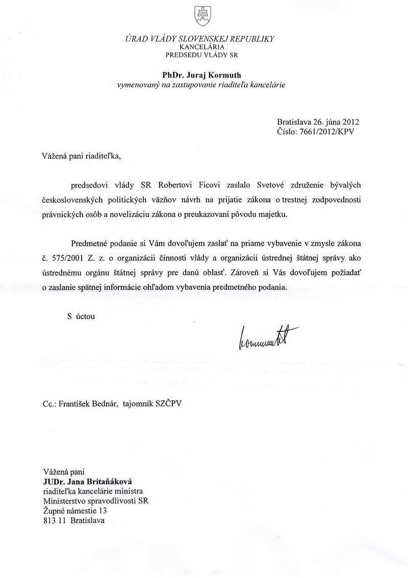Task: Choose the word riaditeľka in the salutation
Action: click(105, 155)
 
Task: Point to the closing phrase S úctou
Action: click(81, 316)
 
